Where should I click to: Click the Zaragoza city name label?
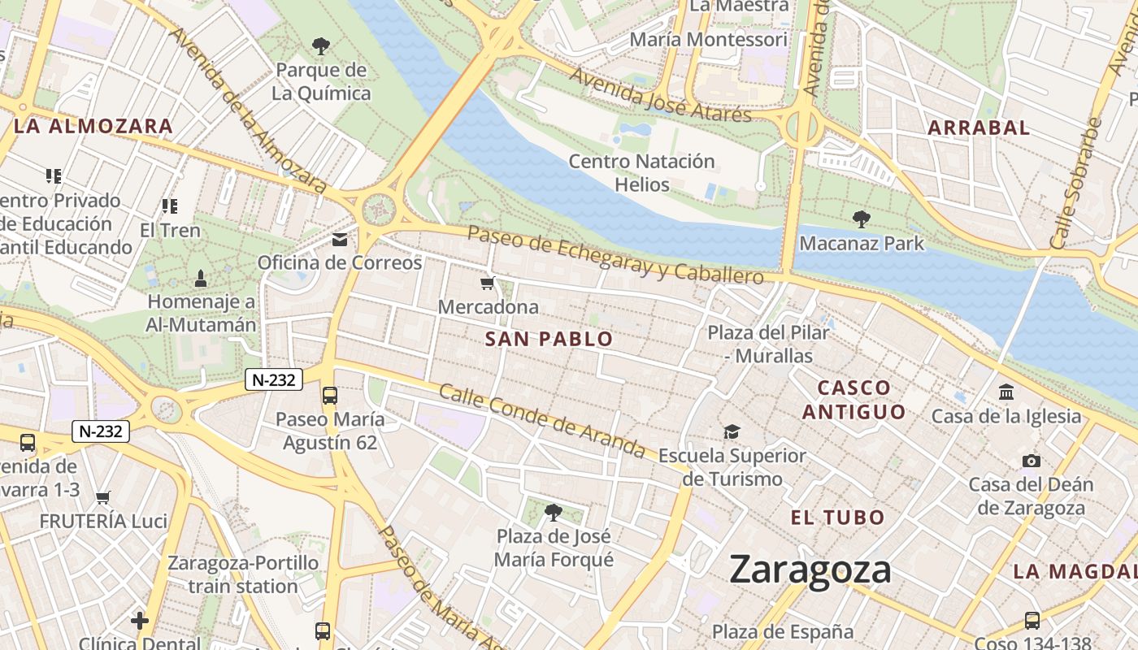[x=810, y=569]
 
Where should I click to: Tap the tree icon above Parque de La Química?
[x=321, y=45]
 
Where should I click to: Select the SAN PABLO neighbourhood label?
[x=549, y=340]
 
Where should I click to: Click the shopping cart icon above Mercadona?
[x=488, y=283]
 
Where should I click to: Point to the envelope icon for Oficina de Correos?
[x=340, y=239]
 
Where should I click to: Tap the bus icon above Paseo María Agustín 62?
[x=329, y=396]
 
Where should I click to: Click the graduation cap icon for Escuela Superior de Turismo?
[x=732, y=431]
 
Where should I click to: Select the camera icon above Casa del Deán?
[x=1031, y=461]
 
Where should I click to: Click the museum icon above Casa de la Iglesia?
[x=1006, y=392]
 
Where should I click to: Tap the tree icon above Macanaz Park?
[x=862, y=219]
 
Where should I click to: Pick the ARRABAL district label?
[x=979, y=128]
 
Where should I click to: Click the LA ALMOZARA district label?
[x=93, y=126]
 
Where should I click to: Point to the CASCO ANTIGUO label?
[x=853, y=399]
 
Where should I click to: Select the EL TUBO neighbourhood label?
[x=837, y=518]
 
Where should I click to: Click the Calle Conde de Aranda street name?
[x=542, y=421]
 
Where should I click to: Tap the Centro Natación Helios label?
[x=641, y=172]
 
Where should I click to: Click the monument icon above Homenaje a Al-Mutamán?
[x=201, y=279]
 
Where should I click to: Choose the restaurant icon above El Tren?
[x=169, y=206]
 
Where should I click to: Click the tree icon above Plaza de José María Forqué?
[x=554, y=512]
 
